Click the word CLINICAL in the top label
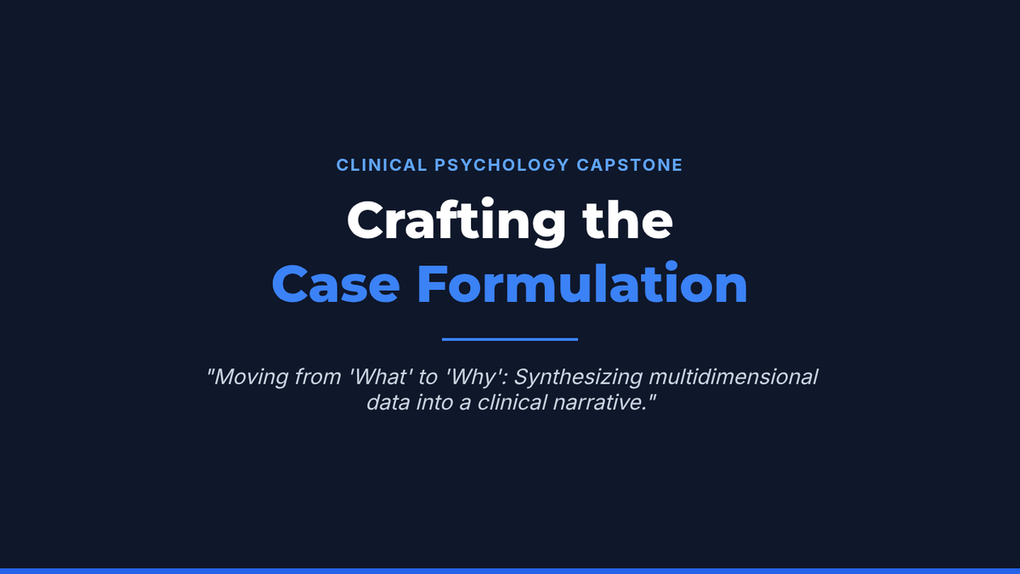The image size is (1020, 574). pyautogui.click(x=382, y=165)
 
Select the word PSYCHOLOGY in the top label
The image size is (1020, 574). pyautogui.click(x=501, y=165)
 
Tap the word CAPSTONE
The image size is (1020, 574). pyautogui.click(x=630, y=165)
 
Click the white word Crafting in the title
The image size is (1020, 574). pyautogui.click(x=456, y=222)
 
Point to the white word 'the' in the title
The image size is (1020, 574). pyautogui.click(x=627, y=220)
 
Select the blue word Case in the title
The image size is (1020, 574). pyautogui.click(x=336, y=284)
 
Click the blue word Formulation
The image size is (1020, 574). pyautogui.click(x=582, y=282)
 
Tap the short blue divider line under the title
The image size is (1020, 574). pyautogui.click(x=510, y=339)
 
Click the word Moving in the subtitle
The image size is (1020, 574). pyautogui.click(x=251, y=378)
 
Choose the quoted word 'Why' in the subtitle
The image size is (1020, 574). pyautogui.click(x=476, y=378)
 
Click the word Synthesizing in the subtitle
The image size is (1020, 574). pyautogui.click(x=578, y=378)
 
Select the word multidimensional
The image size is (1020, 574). pyautogui.click(x=733, y=377)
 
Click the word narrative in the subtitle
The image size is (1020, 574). pyautogui.click(x=599, y=403)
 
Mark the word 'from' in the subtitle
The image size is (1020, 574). pyautogui.click(x=318, y=377)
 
